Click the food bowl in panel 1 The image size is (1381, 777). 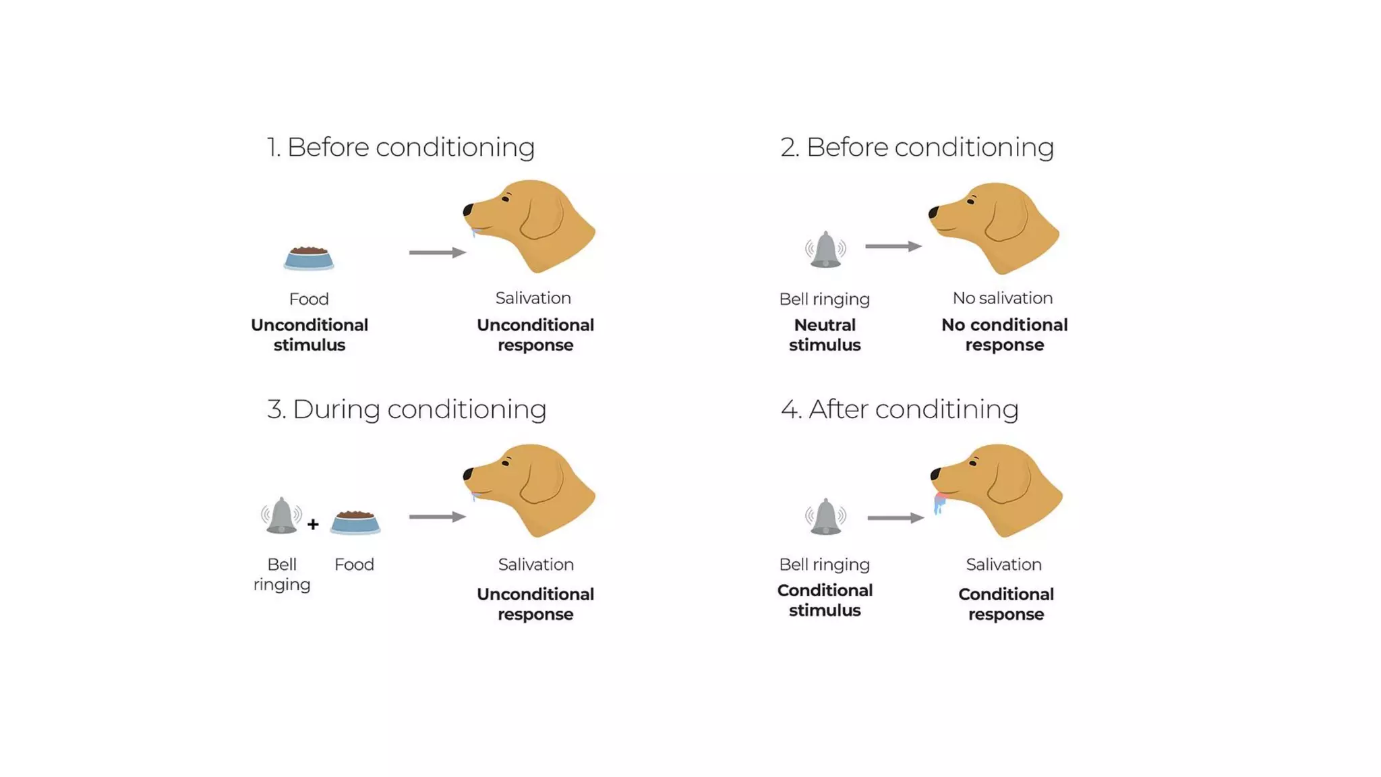click(309, 258)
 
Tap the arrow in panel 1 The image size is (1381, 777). click(437, 252)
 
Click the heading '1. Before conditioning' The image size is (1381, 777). click(401, 147)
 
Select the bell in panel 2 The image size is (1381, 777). click(825, 250)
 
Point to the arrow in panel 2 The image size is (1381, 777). click(893, 246)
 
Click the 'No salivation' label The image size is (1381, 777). click(1002, 298)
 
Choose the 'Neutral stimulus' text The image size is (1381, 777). click(825, 335)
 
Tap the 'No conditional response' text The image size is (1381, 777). click(1004, 335)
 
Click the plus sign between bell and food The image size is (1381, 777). click(313, 524)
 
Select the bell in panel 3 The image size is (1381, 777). click(281, 516)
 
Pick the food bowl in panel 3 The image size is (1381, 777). click(355, 523)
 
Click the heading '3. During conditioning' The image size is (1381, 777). click(406, 409)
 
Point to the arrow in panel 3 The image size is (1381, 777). click(437, 517)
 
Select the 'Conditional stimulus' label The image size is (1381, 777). click(825, 600)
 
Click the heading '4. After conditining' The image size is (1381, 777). click(900, 409)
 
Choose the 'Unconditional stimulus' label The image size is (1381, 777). click(310, 335)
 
